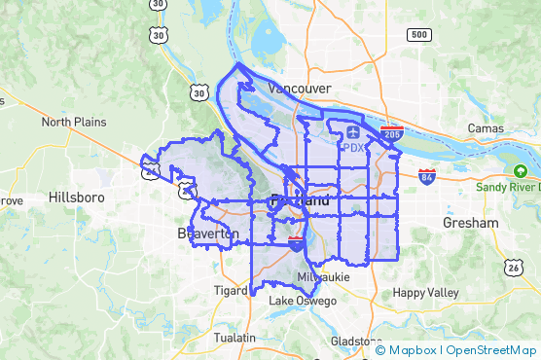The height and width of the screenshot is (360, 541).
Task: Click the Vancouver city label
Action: point(300,89)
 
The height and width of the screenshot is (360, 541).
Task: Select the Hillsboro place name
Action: point(77,198)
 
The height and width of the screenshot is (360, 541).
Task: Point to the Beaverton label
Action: point(207,234)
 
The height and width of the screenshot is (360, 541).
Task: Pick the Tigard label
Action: point(230,290)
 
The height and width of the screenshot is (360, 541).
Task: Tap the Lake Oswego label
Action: point(303,302)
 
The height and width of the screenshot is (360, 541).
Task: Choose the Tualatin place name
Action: point(235,338)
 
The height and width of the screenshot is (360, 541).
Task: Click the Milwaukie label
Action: point(321,277)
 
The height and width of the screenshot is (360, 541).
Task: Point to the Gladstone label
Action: point(357,342)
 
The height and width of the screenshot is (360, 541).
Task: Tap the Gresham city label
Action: point(470,223)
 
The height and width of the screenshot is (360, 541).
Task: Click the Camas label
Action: point(485,128)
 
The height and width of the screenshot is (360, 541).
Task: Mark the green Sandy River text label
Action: point(508,186)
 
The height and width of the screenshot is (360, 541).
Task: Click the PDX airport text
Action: point(353,148)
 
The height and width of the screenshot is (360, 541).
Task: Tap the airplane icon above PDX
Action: point(352,129)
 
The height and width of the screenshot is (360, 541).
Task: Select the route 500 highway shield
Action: point(418,35)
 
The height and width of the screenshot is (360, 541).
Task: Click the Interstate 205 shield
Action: point(392,132)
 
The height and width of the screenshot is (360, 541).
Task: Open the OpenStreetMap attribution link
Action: point(492,350)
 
